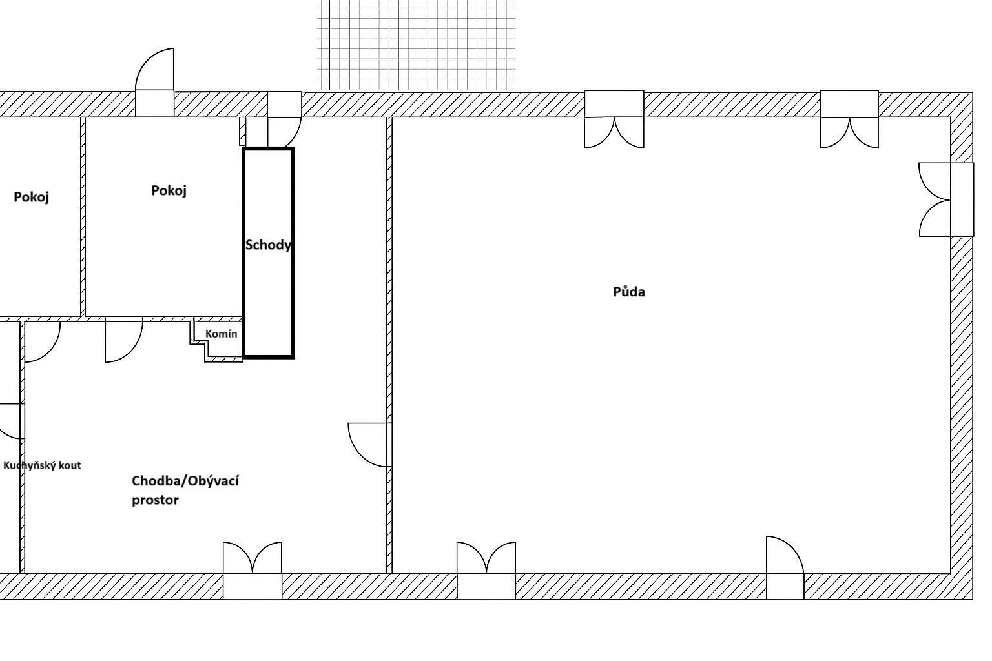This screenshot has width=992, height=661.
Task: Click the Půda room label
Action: pos(628,291)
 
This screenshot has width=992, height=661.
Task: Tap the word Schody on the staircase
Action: pos(269,245)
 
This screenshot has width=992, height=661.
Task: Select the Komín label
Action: pos(221,334)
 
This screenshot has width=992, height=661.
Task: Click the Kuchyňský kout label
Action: pos(42,465)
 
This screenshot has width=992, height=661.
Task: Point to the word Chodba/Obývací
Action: pos(185,481)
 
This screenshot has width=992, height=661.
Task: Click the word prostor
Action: pos(155,500)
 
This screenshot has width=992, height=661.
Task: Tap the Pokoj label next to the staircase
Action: pos(169,190)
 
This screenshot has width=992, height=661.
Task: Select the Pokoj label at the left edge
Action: pos(31,197)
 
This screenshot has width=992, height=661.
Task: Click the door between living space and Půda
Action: pos(370,445)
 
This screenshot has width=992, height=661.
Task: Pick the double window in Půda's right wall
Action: pos(946,199)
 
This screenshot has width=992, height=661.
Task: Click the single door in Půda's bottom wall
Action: pos(785,567)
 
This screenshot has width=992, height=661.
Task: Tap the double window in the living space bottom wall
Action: pos(252,570)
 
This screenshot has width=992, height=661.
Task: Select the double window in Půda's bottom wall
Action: pos(486,570)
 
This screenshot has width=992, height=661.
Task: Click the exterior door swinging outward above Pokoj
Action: pos(154,83)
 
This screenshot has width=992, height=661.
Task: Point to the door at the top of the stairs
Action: pos(284,119)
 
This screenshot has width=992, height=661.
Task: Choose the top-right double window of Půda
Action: pos(849,119)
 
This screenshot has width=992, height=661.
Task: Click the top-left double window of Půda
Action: pos(614,119)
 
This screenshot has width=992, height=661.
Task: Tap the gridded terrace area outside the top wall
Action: pos(417,45)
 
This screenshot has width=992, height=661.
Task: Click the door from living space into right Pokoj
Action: pos(124,341)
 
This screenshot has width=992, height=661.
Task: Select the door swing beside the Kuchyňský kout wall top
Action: pos(42,341)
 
